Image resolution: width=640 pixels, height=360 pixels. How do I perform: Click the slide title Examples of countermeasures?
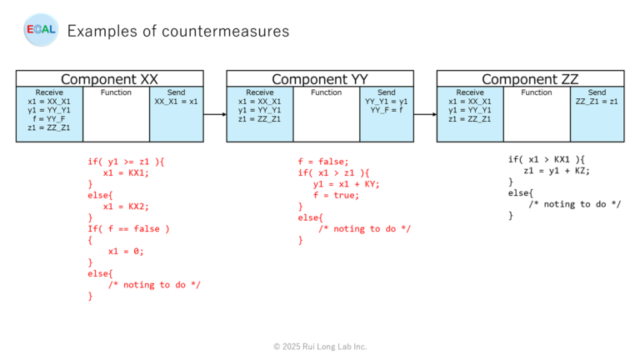click(178, 31)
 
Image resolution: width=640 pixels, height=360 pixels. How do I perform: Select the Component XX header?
click(109, 79)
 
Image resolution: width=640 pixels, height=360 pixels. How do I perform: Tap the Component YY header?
click(320, 79)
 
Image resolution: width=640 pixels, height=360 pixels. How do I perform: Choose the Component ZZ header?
click(530, 79)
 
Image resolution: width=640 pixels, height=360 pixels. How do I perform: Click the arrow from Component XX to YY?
click(215, 115)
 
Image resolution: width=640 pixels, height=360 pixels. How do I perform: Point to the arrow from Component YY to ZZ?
click(425, 115)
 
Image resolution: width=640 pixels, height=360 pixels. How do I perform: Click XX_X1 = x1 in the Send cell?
click(176, 101)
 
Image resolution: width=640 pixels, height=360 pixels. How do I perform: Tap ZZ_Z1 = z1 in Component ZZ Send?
click(597, 101)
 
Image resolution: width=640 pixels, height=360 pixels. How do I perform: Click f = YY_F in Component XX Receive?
click(50, 118)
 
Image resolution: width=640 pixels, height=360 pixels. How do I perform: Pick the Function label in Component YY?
click(327, 92)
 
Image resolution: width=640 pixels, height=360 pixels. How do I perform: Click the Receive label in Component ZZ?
click(470, 92)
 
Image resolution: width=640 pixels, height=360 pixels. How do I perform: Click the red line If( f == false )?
click(128, 228)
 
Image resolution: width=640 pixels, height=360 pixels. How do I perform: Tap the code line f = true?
click(336, 195)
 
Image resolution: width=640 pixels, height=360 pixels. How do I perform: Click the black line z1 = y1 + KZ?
click(557, 170)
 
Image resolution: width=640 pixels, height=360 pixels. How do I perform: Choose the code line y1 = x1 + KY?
click(346, 184)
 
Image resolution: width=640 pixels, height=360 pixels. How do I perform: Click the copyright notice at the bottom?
click(320, 346)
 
